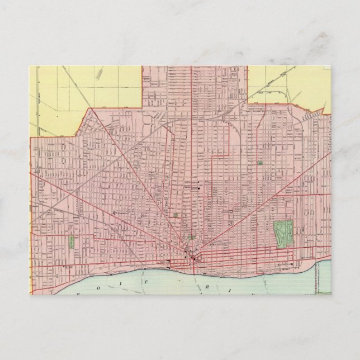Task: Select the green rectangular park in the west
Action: tap(72, 242)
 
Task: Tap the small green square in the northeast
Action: tap(259, 163)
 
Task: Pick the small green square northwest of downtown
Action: tap(176, 215)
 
